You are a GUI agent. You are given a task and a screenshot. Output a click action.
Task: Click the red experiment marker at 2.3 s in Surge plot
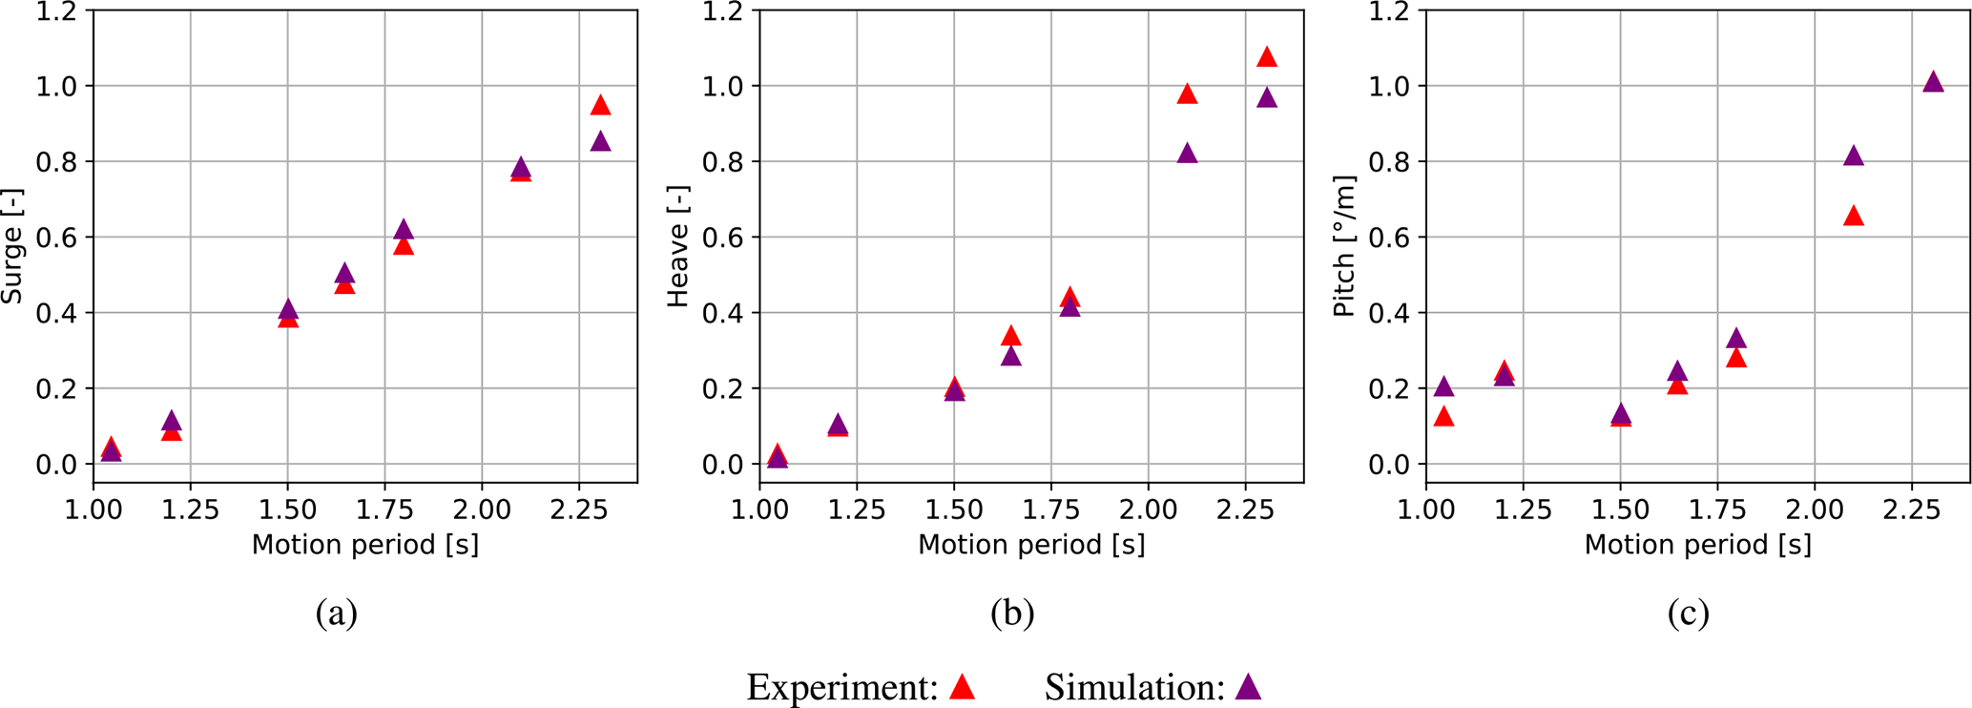click(600, 106)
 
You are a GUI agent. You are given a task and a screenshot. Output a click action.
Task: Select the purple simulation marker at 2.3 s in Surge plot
click(600, 142)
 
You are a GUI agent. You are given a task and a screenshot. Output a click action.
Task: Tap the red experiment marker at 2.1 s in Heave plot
click(1187, 94)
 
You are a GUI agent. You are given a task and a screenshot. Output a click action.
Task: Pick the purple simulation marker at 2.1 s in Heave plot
click(1187, 154)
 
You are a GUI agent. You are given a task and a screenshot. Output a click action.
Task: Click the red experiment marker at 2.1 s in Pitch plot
click(1853, 217)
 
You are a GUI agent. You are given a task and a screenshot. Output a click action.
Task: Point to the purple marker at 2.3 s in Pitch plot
click(1933, 82)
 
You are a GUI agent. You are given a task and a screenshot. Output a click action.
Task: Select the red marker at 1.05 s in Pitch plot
click(1443, 417)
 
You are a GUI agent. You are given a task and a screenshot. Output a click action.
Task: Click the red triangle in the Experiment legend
click(963, 687)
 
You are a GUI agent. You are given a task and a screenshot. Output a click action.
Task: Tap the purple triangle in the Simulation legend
click(1248, 687)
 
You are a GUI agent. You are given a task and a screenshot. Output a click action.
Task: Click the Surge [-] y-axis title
click(12, 246)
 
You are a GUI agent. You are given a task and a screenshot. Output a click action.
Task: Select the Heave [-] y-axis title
click(678, 246)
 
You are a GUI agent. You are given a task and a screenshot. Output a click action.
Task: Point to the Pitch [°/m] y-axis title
click(1344, 246)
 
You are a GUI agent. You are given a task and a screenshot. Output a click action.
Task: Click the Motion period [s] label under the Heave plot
click(1030, 545)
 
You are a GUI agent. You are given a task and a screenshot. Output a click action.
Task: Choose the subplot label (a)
click(337, 613)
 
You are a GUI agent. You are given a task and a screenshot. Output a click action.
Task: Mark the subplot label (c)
click(1688, 613)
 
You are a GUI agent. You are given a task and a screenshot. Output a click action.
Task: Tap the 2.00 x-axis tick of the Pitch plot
click(1815, 510)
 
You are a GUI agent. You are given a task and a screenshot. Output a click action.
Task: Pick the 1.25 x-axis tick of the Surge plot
click(190, 510)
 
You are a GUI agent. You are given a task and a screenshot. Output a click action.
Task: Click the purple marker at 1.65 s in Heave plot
click(1011, 357)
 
